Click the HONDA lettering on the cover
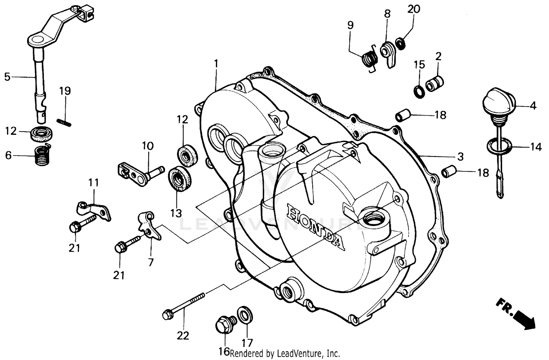315,227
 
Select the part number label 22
183,335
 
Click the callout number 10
147,146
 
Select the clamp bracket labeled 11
93,211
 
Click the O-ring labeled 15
419,91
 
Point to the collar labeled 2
435,83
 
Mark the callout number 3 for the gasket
460,156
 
